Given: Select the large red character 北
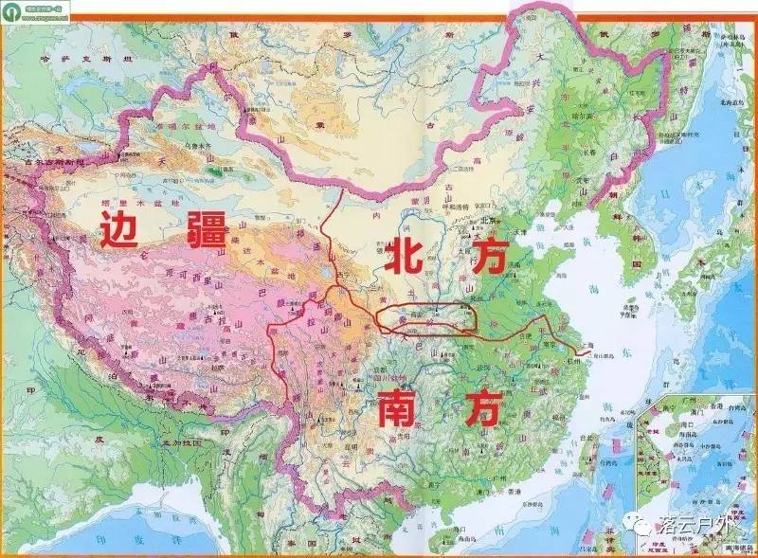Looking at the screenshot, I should (x=408, y=257).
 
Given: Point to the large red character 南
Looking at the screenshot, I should (x=390, y=409).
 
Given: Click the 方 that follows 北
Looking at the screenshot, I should (x=485, y=257).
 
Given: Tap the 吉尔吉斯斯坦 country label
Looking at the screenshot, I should (x=43, y=164).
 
